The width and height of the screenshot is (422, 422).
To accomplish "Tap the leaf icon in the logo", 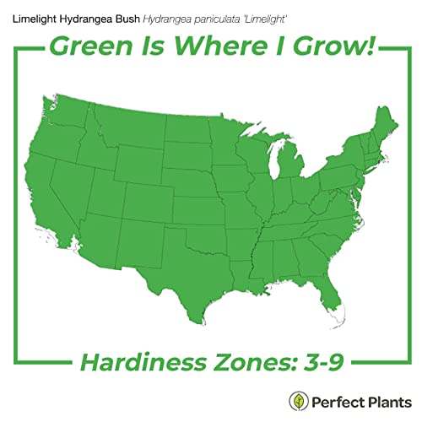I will (297, 400).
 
